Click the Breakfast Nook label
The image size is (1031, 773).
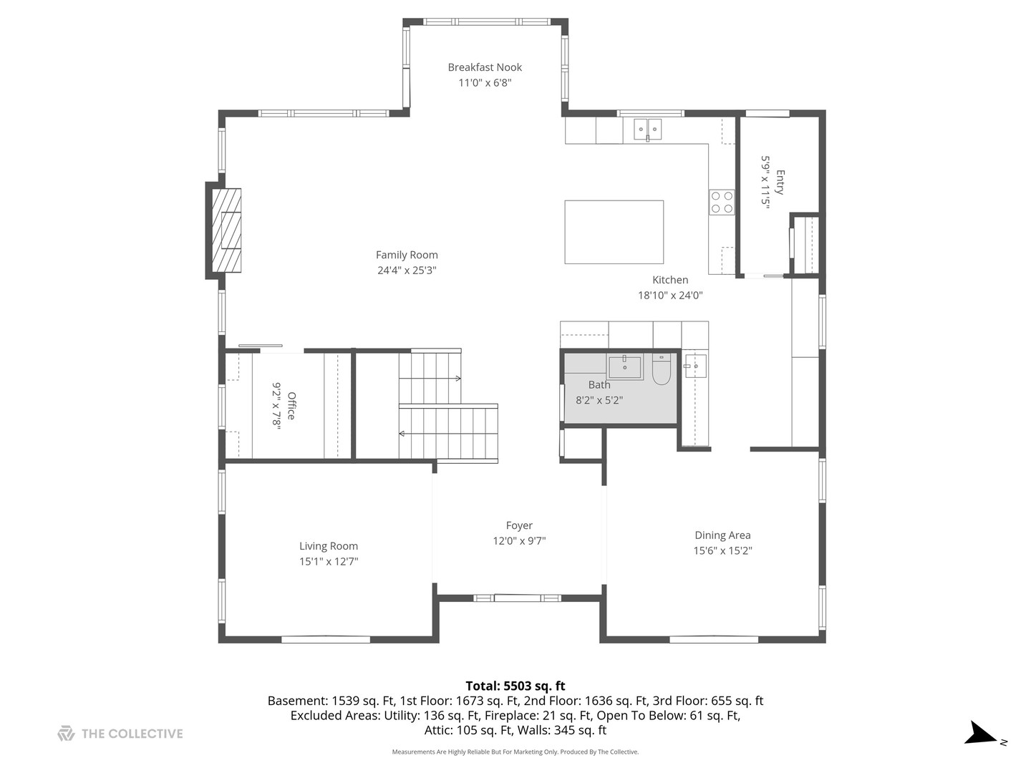tap(485, 67)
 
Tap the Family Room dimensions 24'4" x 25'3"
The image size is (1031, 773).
tap(407, 271)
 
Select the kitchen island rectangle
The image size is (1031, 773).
tap(614, 232)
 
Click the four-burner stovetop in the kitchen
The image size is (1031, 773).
tap(722, 203)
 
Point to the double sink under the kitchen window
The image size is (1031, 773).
tap(648, 129)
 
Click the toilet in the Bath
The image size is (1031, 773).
tap(662, 370)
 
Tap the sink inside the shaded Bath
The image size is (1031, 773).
tap(625, 367)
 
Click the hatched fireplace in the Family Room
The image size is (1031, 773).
tap(226, 230)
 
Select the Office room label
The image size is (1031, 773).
tap(291, 406)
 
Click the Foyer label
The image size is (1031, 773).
tap(519, 525)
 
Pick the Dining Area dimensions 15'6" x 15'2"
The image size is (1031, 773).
tap(722, 550)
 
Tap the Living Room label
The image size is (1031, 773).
tap(329, 546)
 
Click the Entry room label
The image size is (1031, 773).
tap(780, 182)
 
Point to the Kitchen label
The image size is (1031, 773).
tap(670, 280)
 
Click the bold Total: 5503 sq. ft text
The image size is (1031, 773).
tap(515, 686)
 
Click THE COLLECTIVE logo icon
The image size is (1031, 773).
tap(67, 734)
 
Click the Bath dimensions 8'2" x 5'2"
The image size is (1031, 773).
tap(599, 400)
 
